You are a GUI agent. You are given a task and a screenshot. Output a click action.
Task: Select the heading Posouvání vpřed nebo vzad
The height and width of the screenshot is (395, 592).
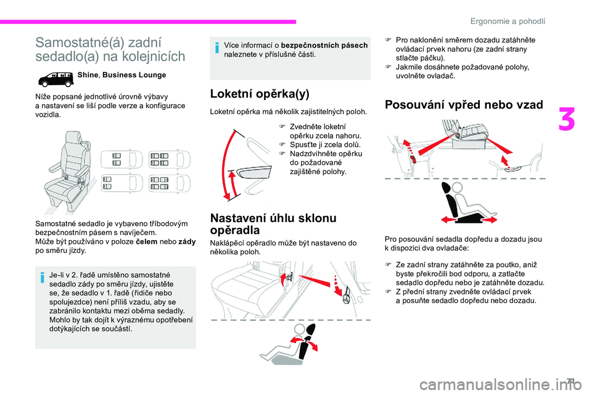pyautogui.click(x=464, y=104)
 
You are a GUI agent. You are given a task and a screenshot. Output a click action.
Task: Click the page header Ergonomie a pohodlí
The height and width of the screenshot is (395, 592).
pyautogui.click(x=508, y=20)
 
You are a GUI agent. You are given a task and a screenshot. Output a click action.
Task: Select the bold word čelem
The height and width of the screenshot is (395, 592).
pyautogui.click(x=145, y=243)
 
